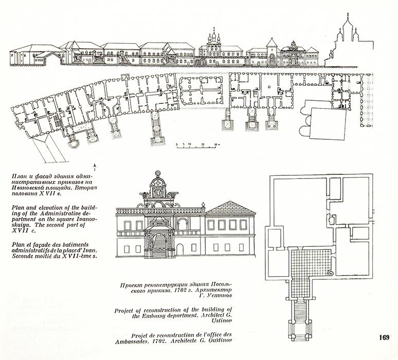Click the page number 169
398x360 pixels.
384,337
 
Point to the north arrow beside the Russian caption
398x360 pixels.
95,165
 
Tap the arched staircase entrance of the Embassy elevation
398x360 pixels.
159,241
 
